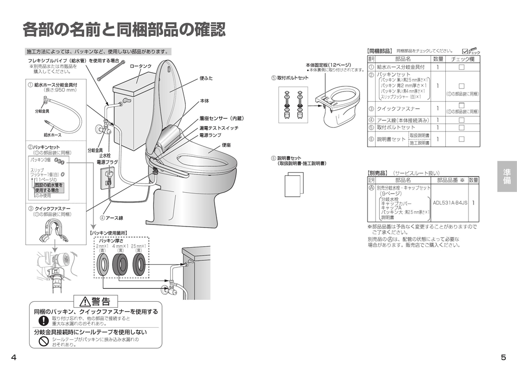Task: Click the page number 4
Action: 14,357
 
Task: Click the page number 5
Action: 503,357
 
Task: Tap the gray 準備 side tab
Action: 506,176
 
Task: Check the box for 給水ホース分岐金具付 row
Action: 461,67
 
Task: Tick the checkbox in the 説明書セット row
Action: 461,139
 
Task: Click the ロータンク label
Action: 140,66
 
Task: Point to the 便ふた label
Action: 206,78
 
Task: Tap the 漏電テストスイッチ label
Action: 219,128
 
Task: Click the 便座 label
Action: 226,145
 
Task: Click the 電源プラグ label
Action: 107,162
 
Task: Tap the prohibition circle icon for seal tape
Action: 43,341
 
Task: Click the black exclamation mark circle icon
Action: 43,321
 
